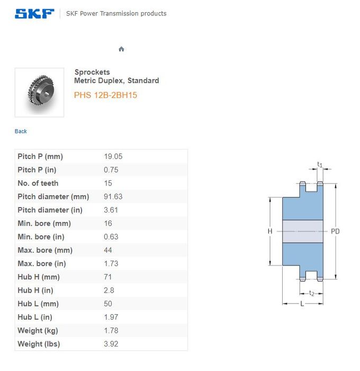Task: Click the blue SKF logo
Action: click(x=34, y=13)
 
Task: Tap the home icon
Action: click(x=121, y=49)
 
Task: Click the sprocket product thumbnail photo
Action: click(x=39, y=93)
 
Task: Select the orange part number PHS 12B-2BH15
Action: click(x=105, y=95)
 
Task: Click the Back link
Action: click(x=21, y=131)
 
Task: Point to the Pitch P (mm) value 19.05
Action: click(x=113, y=156)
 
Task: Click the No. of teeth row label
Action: click(x=38, y=183)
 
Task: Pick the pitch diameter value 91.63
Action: click(x=113, y=197)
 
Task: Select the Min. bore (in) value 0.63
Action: click(x=111, y=237)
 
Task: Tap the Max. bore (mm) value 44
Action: click(x=108, y=250)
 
